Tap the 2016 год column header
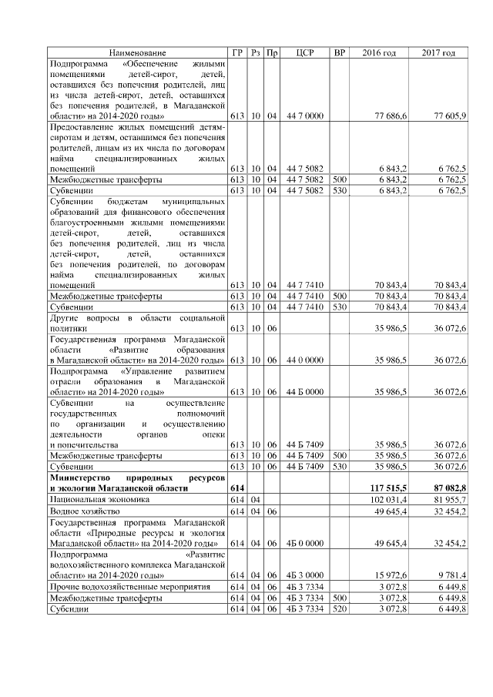(x=379, y=52)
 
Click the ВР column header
(x=338, y=52)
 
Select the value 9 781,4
(x=451, y=575)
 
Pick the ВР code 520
(x=338, y=608)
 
